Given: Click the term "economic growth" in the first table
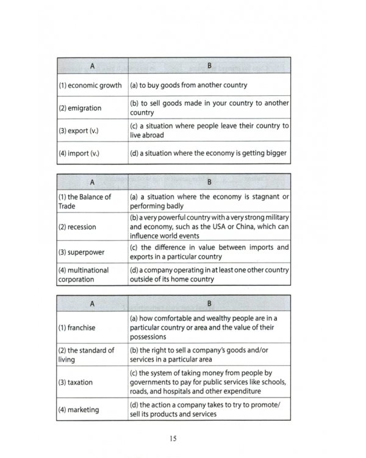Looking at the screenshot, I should pos(90,85).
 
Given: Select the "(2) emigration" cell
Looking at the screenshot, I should pos(80,108).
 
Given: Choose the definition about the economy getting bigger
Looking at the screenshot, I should pos(208,153).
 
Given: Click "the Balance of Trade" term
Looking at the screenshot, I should pos(85,202).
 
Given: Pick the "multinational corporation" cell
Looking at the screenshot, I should pos(84,274).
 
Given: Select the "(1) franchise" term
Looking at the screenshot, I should pos(77,327).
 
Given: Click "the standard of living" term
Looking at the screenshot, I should pos(86,355).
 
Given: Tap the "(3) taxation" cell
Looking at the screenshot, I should pos(76,382).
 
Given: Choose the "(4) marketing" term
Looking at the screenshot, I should pos(79,409).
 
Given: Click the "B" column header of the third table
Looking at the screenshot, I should pos(208,302).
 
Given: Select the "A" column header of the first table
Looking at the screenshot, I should pos(92,65).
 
